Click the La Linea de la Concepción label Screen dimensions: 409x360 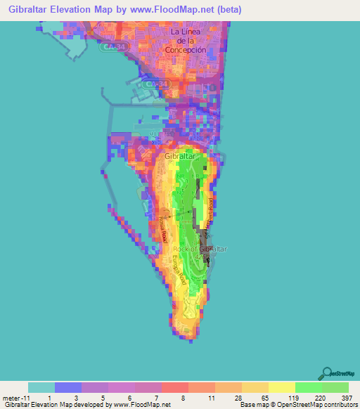click(188, 41)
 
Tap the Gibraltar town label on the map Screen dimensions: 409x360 click(179, 156)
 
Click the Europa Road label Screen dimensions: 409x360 click(179, 268)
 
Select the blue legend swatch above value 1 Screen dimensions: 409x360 click(68, 387)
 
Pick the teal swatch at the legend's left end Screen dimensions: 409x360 click(41, 387)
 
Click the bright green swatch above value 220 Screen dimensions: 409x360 click(309, 387)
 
